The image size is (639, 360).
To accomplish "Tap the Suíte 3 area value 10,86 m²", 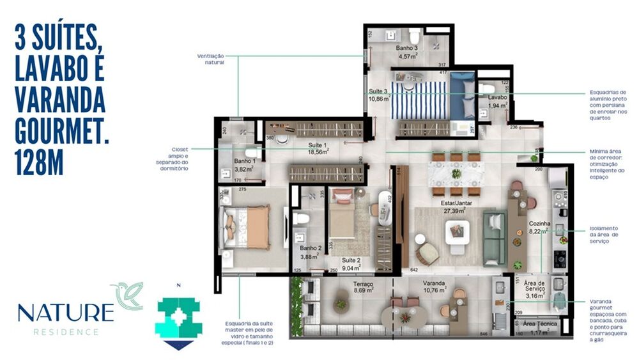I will [378, 100].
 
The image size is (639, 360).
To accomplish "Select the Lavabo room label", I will [497, 97].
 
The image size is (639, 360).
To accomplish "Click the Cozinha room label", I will [538, 224].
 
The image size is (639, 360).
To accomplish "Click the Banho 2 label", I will [310, 248].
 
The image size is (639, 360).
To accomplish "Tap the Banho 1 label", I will [245, 161].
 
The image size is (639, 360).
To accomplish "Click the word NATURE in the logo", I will [65, 313].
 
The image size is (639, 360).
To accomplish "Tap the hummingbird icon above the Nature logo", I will [127, 294].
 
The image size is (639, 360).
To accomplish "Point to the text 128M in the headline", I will [39, 160].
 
